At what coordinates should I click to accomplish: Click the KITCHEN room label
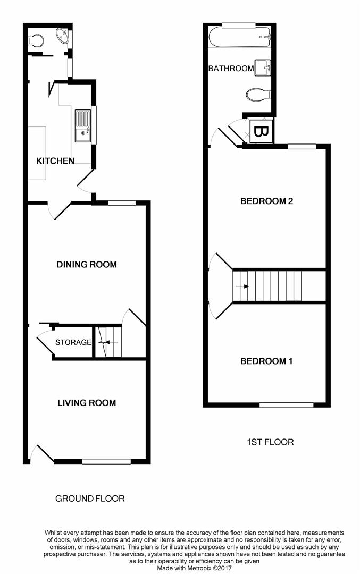point(55,161)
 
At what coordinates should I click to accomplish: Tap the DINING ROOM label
point(87,264)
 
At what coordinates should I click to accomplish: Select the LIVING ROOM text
point(87,402)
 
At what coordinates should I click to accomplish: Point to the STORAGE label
point(73,342)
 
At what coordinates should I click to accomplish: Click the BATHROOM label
point(231,68)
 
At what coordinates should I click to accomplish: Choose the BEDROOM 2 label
point(267,201)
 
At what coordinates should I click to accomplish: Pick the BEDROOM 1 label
point(267,361)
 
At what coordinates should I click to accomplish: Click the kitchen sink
point(83,126)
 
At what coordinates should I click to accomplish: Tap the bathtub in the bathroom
point(240,38)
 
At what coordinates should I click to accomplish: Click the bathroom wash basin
point(263,67)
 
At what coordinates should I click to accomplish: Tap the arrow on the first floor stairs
point(244,286)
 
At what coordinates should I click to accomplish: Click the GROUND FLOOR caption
point(90,499)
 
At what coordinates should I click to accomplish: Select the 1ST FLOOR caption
point(270,442)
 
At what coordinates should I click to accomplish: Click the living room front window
point(106,461)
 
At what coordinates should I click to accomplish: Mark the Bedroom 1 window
point(286,405)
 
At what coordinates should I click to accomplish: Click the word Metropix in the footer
point(197,568)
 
